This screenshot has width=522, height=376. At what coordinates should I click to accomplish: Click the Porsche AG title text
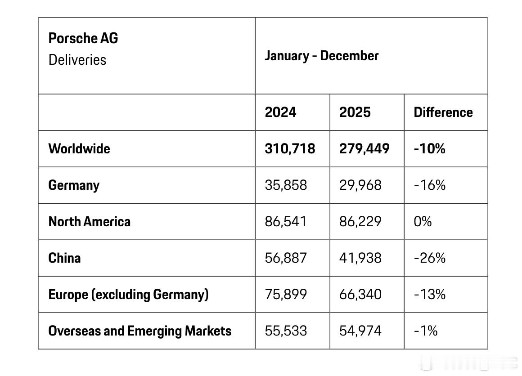click(83, 38)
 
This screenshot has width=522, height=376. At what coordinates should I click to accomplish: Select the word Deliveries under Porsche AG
click(77, 60)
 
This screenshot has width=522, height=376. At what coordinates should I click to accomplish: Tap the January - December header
click(321, 56)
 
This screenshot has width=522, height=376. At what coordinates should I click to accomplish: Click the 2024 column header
click(280, 112)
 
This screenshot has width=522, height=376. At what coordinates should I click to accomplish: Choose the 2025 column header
click(355, 112)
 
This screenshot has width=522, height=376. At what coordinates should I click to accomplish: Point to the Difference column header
click(443, 112)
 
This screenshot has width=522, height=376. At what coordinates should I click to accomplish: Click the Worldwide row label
click(79, 149)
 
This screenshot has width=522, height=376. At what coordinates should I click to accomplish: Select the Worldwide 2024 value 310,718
click(290, 149)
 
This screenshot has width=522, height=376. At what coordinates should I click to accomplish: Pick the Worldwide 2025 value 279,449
click(364, 149)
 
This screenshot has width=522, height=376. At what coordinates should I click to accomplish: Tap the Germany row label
click(74, 185)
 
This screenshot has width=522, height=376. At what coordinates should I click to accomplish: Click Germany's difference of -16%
click(430, 185)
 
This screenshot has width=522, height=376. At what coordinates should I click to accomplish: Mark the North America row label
click(90, 222)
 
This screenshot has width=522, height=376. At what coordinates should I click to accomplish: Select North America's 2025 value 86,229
click(360, 222)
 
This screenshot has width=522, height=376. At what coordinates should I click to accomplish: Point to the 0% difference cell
click(423, 222)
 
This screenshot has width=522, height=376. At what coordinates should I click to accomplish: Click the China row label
click(65, 258)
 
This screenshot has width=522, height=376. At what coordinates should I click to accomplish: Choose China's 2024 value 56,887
click(286, 258)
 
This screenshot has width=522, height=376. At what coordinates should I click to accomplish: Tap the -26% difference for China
click(430, 258)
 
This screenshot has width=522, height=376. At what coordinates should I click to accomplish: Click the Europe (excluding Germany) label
click(129, 295)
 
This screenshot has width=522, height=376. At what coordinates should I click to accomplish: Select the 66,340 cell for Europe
click(360, 295)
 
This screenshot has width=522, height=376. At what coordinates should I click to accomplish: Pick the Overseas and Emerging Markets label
click(140, 331)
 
